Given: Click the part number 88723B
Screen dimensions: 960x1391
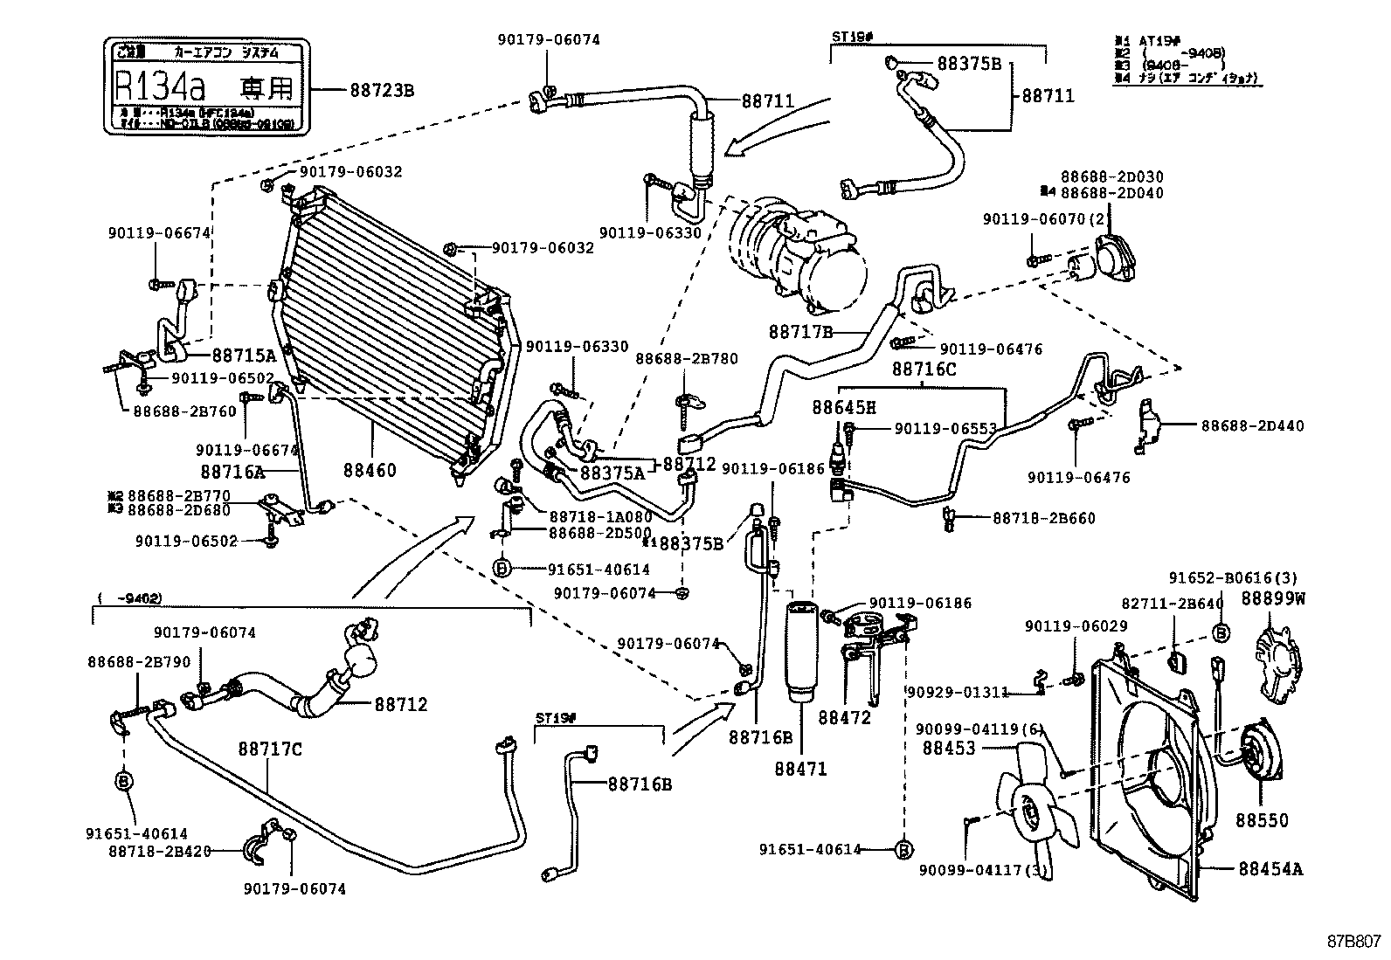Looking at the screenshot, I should pyautogui.click(x=382, y=89).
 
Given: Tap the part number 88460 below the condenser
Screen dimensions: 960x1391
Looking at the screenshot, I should pyautogui.click(x=370, y=470).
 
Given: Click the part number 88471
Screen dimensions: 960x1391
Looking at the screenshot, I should pyautogui.click(x=799, y=770).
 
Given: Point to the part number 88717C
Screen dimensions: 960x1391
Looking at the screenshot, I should pyautogui.click(x=271, y=749).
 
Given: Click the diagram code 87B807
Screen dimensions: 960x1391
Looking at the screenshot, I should pyautogui.click(x=1353, y=941).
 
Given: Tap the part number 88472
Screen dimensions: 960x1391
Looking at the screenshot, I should pyautogui.click(x=845, y=717).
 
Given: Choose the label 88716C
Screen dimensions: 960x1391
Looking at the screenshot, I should pyautogui.click(x=924, y=369).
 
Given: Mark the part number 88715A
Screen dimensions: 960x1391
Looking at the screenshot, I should pyautogui.click(x=244, y=355).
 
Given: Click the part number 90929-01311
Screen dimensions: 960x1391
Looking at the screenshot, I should pyautogui.click(x=958, y=692).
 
